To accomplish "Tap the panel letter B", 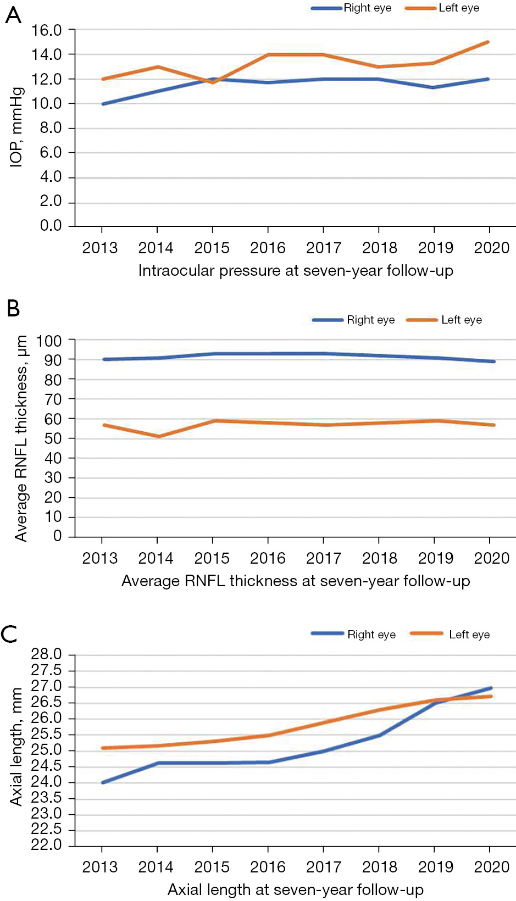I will click(x=13, y=308).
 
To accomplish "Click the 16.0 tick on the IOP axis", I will click(x=46, y=30).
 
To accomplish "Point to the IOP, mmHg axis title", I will click(x=16, y=126).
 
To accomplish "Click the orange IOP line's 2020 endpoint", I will click(x=488, y=42).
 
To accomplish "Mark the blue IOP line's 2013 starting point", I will click(x=103, y=104).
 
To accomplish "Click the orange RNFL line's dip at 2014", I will click(x=159, y=436).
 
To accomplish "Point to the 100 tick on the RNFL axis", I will click(x=49, y=341).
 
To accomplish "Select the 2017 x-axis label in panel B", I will click(x=324, y=558).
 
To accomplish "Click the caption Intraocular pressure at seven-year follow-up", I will click(x=296, y=271).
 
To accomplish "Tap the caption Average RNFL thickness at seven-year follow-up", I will click(x=296, y=581).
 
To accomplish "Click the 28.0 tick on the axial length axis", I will click(x=46, y=654).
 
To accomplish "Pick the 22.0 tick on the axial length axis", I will click(x=46, y=845).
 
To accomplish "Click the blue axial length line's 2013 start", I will click(x=103, y=782).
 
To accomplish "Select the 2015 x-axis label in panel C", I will click(x=212, y=867).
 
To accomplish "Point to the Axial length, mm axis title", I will click(x=16, y=747).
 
